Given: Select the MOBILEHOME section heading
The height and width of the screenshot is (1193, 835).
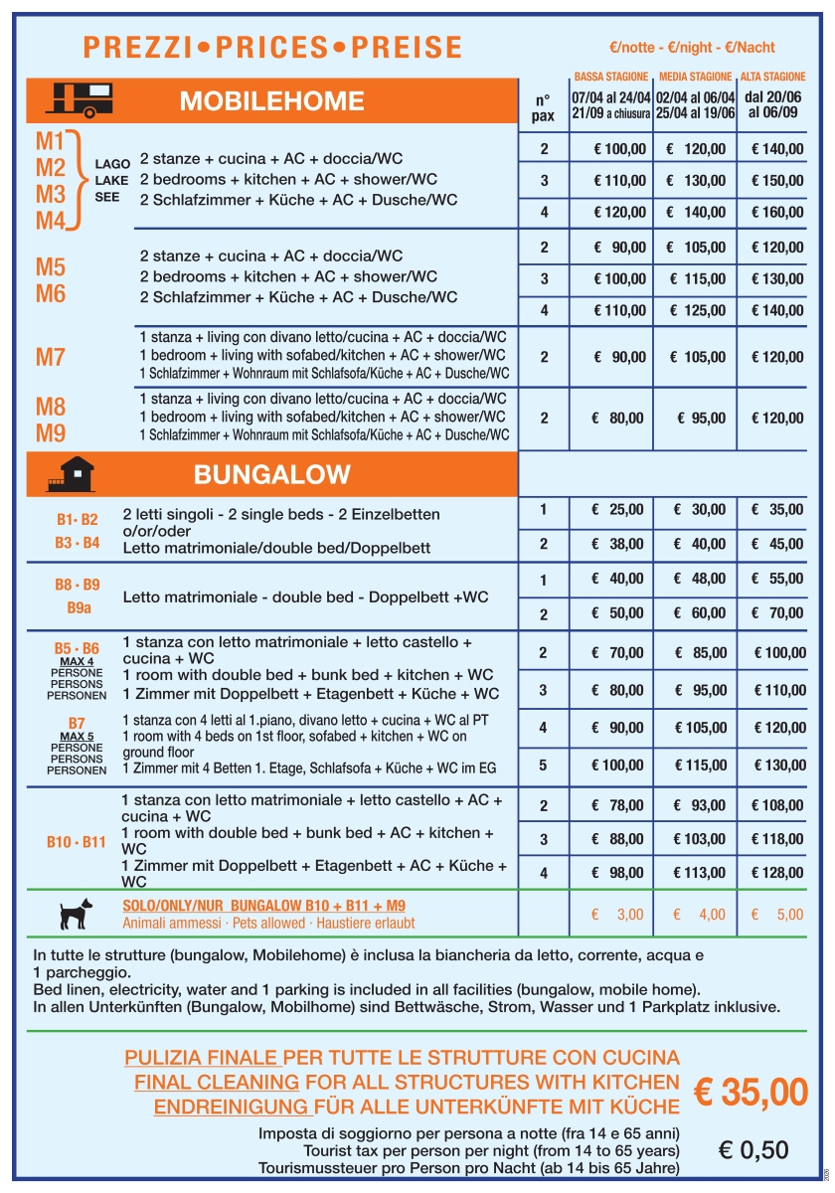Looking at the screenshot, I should click(271, 100).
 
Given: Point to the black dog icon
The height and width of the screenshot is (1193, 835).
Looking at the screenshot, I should click(76, 913).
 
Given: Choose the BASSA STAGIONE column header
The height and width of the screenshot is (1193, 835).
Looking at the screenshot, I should click(611, 77).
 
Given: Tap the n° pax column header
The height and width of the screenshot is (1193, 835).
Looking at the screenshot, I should click(543, 107).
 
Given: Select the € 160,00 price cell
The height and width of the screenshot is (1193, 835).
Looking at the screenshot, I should click(777, 212).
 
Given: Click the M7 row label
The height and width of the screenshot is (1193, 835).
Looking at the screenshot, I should click(51, 357).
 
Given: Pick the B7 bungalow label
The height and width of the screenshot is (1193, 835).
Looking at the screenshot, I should click(77, 723).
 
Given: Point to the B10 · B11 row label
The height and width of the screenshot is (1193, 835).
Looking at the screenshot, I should click(77, 842).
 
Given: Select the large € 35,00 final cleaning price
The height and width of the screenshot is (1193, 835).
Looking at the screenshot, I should click(751, 1091).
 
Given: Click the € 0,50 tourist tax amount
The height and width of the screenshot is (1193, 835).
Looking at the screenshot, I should click(752, 1150).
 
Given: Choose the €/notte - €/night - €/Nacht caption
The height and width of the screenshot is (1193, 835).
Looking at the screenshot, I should click(693, 48).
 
